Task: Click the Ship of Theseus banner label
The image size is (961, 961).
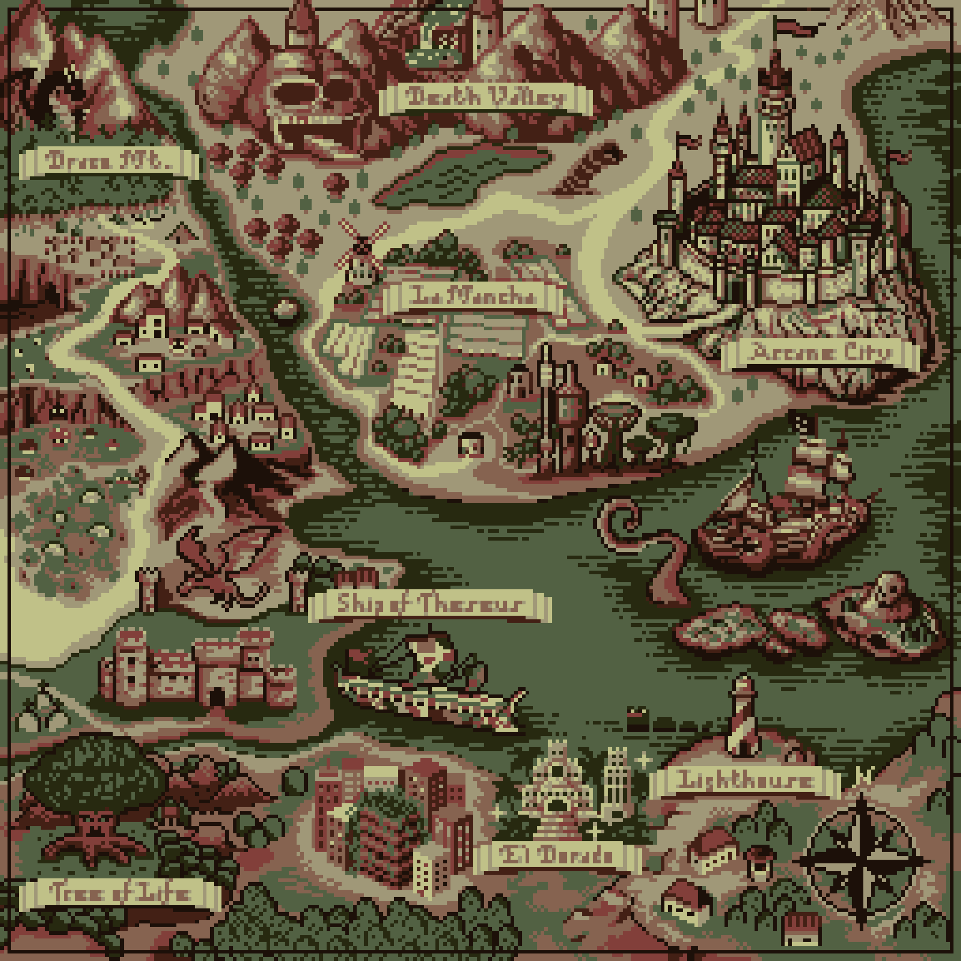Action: tap(429, 605)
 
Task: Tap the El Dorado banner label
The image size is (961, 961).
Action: tap(556, 856)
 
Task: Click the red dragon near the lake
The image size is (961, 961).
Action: tap(219, 567)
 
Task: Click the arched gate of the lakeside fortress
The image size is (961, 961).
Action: tap(217, 696)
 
